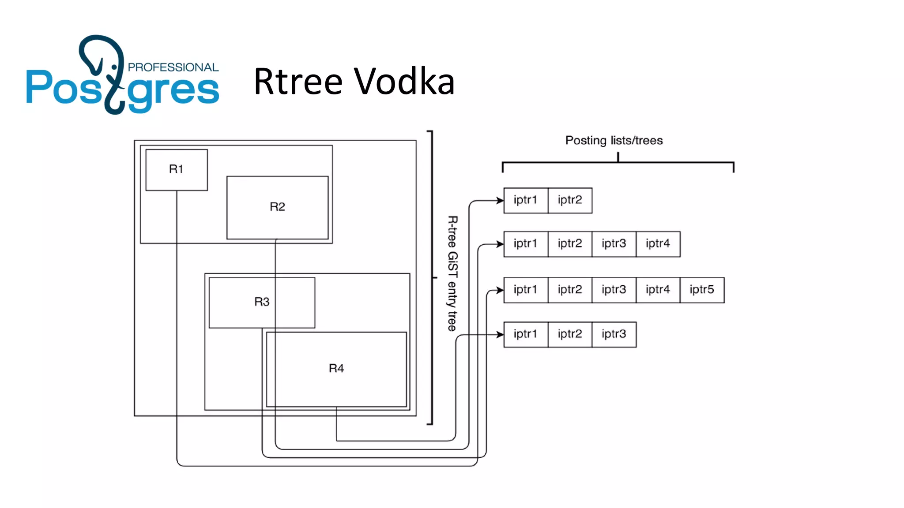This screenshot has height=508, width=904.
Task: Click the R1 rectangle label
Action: point(176,169)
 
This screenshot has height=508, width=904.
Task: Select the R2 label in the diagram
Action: point(277,207)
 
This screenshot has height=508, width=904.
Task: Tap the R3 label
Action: point(262,302)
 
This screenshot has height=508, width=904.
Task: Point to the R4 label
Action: point(336,369)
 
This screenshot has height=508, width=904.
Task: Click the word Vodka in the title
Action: point(404,82)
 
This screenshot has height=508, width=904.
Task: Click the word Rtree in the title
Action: point(298,82)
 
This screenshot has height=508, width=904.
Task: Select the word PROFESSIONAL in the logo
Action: point(173,67)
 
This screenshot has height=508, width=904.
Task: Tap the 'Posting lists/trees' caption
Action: point(614,141)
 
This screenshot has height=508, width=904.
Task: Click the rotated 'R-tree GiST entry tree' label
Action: point(452,273)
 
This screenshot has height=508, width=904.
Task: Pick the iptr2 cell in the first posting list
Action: point(570,200)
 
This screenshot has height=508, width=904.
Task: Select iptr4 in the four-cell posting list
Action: point(658,244)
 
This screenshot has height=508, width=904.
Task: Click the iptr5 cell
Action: point(702,290)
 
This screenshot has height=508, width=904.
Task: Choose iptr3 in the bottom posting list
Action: point(614,334)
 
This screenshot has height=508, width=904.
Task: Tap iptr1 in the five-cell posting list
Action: point(525,290)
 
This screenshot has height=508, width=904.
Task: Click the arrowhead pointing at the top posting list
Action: point(500,201)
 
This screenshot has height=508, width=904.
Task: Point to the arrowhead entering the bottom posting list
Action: point(500,335)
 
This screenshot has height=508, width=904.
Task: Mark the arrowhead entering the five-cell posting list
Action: point(500,290)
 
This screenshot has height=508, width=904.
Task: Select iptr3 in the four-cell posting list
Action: point(614,244)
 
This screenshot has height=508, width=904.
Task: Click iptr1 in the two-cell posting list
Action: point(525,200)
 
